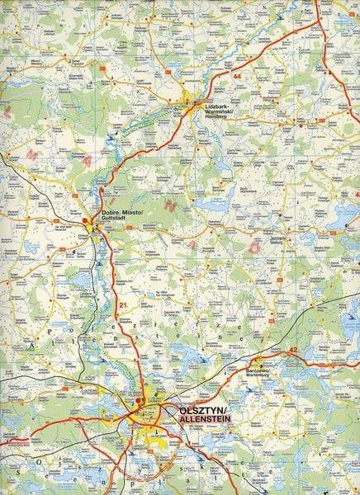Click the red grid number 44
pyautogui.click(x=238, y=76)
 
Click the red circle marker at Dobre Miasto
pyautogui.click(x=92, y=220)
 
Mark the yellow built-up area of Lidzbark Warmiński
pyautogui.click(x=188, y=105)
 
